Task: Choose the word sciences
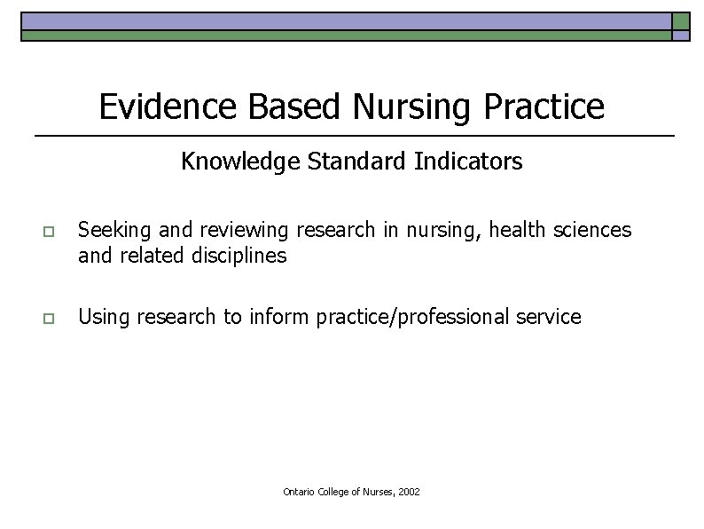pos(593,231)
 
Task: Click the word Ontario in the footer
pos(298,492)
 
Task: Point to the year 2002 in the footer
pos(409,492)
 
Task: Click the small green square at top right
pos(681,21)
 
